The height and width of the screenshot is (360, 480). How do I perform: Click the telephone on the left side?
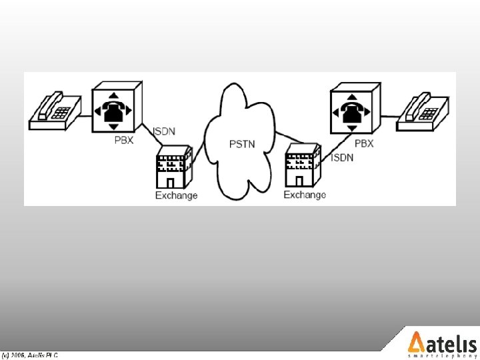(55, 111)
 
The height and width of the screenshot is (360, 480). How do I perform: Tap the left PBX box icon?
(116, 108)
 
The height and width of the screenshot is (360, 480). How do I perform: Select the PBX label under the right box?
(364, 143)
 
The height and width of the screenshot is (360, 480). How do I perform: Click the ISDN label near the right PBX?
(343, 158)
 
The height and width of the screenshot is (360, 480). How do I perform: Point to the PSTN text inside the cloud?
(241, 143)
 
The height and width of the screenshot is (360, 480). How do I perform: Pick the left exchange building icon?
(173, 171)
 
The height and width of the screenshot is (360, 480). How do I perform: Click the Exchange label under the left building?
(176, 195)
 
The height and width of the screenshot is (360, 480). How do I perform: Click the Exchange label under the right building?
(305, 195)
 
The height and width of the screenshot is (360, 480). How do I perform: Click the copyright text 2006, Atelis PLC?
(29, 356)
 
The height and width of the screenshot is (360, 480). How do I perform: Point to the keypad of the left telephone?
(61, 113)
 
